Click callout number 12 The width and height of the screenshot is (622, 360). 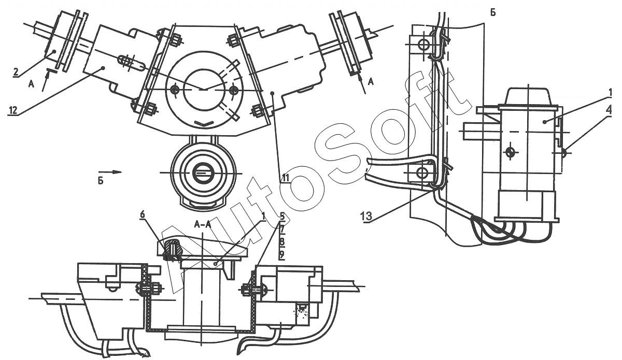(13, 110)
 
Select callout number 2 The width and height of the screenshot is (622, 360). (16, 72)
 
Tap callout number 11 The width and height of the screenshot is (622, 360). (285, 178)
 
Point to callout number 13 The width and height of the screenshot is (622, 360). (366, 216)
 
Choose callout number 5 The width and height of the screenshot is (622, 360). (282, 215)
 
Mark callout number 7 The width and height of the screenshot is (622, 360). (282, 229)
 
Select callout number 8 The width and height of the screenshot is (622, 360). (282, 242)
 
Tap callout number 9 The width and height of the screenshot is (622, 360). (282, 254)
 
